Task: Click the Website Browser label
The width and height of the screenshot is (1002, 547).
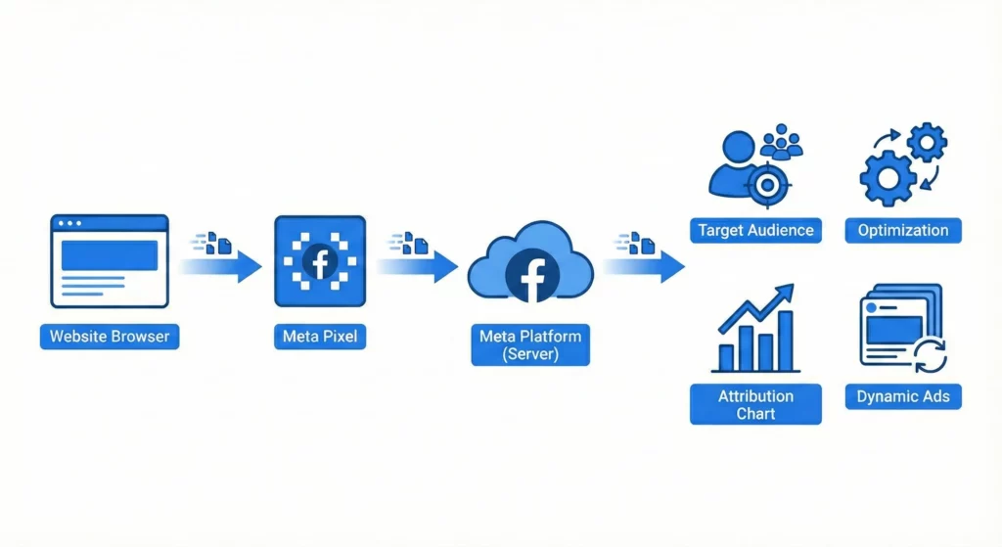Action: [110, 337]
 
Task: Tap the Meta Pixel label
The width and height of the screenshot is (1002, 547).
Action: [320, 338]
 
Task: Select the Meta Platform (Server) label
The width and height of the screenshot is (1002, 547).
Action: [530, 345]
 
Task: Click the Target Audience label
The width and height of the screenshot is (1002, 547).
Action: [755, 231]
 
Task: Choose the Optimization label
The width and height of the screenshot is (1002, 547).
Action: [903, 231]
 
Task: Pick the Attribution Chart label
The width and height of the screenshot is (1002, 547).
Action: [755, 404]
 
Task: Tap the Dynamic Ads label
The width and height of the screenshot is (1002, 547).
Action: [903, 396]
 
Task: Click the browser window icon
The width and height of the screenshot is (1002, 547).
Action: [110, 261]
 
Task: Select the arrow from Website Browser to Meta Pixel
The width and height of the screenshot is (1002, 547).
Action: [223, 264]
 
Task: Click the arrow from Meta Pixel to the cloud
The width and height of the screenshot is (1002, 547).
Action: [419, 264]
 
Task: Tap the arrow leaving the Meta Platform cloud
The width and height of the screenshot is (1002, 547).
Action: [646, 264]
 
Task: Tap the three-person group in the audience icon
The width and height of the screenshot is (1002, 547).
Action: [781, 142]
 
